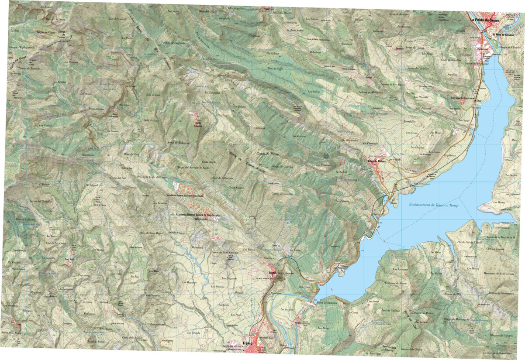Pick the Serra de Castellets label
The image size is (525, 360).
[418, 69]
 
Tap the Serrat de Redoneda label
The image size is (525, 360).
[178, 142]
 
